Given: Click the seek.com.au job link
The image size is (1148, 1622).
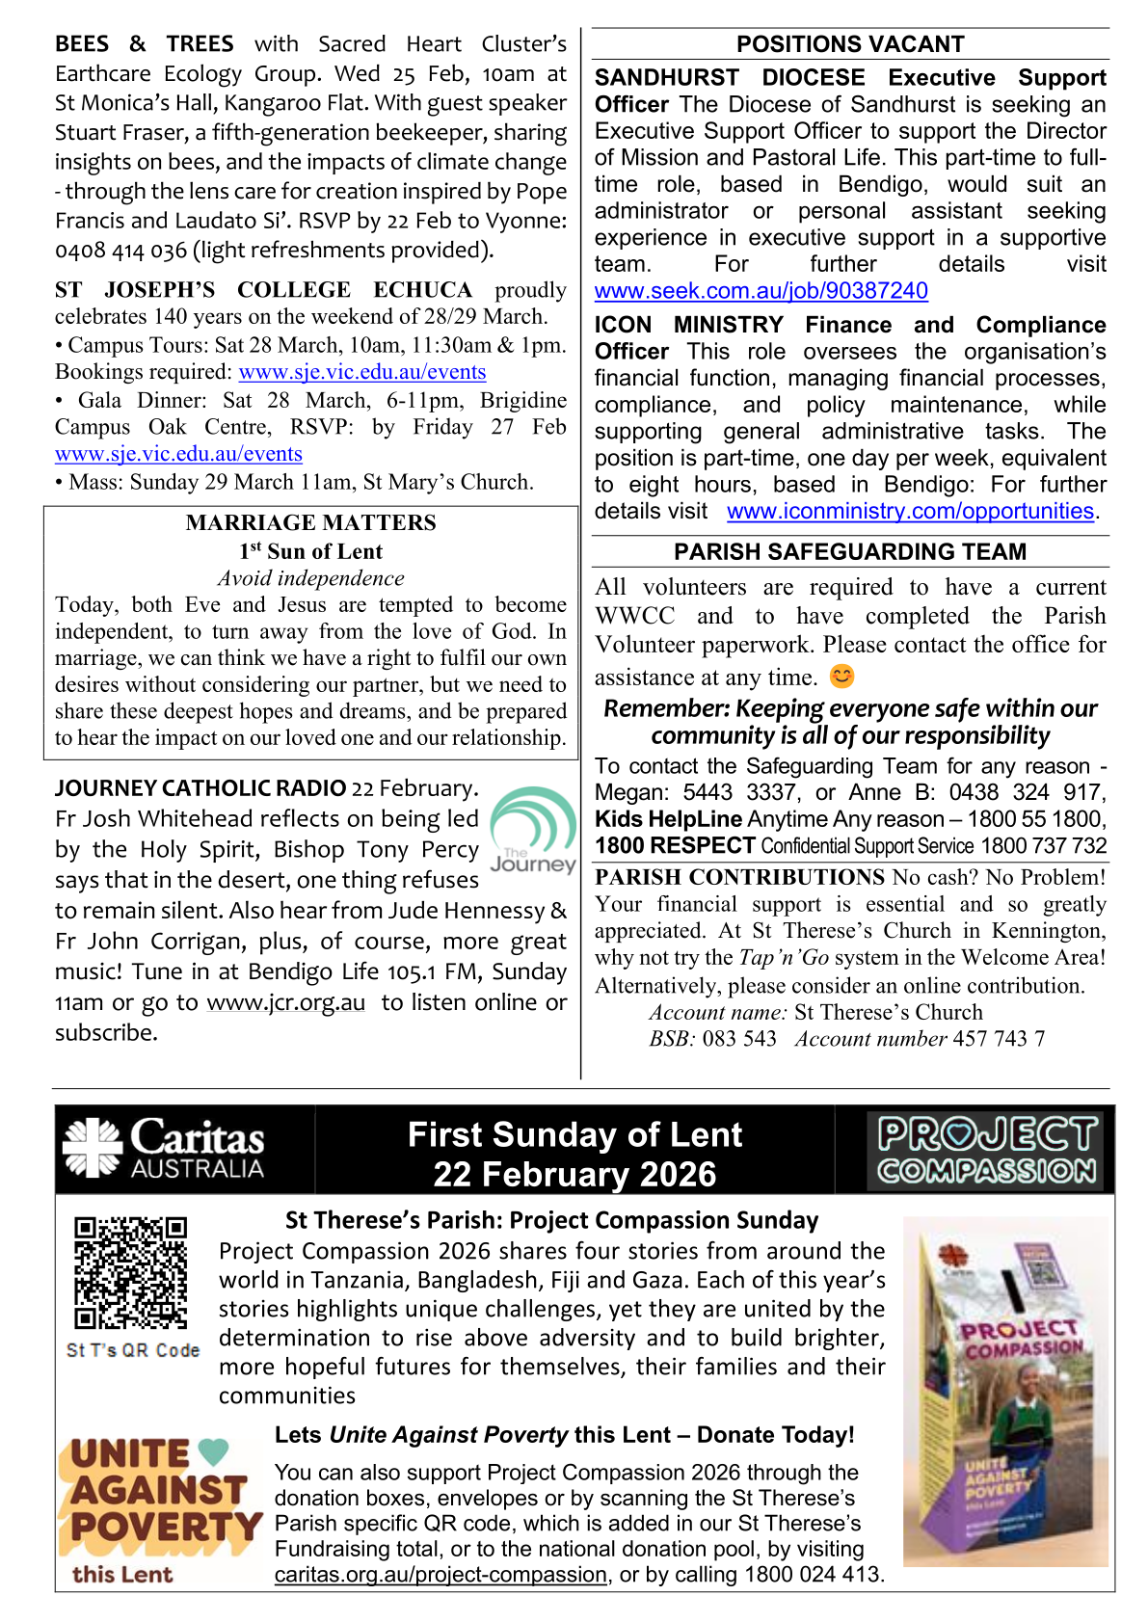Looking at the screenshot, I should click(x=761, y=291).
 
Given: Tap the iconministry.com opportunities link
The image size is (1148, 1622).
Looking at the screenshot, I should click(x=910, y=511).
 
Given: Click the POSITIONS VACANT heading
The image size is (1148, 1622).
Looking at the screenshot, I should click(x=849, y=44).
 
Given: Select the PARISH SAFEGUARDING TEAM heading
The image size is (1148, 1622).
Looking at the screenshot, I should click(x=849, y=552).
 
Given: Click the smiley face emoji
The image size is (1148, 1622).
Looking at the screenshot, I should click(x=841, y=677).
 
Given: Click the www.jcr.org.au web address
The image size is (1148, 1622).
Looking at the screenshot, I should click(x=286, y=1002).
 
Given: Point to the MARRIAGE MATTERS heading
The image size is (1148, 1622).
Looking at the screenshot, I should click(x=310, y=522).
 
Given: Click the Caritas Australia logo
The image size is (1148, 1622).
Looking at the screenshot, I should click(x=164, y=1149).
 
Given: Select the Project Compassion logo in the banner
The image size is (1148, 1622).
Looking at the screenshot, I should click(x=986, y=1151).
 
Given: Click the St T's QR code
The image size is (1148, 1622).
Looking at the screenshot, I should click(x=131, y=1272).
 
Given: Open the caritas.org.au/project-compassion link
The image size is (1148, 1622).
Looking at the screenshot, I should click(x=441, y=1575).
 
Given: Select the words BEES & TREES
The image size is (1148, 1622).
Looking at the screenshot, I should click(x=145, y=44).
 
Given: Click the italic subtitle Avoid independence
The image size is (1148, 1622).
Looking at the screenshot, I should click(x=310, y=578).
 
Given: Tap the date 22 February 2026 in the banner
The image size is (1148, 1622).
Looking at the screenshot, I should click(x=574, y=1175).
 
